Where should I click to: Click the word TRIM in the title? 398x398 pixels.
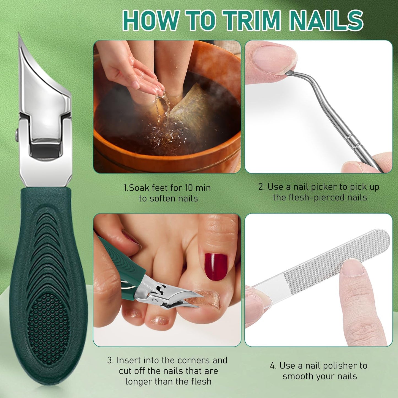pos(252,21)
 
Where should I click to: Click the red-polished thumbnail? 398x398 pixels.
pos(216,267)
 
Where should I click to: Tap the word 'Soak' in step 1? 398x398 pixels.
pos(139,188)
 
